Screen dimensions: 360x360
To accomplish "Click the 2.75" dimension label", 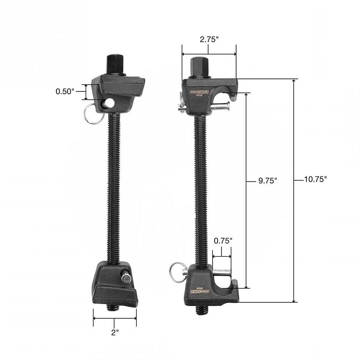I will [209, 40].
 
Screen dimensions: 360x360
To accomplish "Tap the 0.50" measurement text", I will [65, 91].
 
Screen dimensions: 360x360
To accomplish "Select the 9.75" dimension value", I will [267, 181].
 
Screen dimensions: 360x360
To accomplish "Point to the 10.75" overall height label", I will [315, 180].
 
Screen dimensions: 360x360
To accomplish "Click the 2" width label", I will [115, 332].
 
